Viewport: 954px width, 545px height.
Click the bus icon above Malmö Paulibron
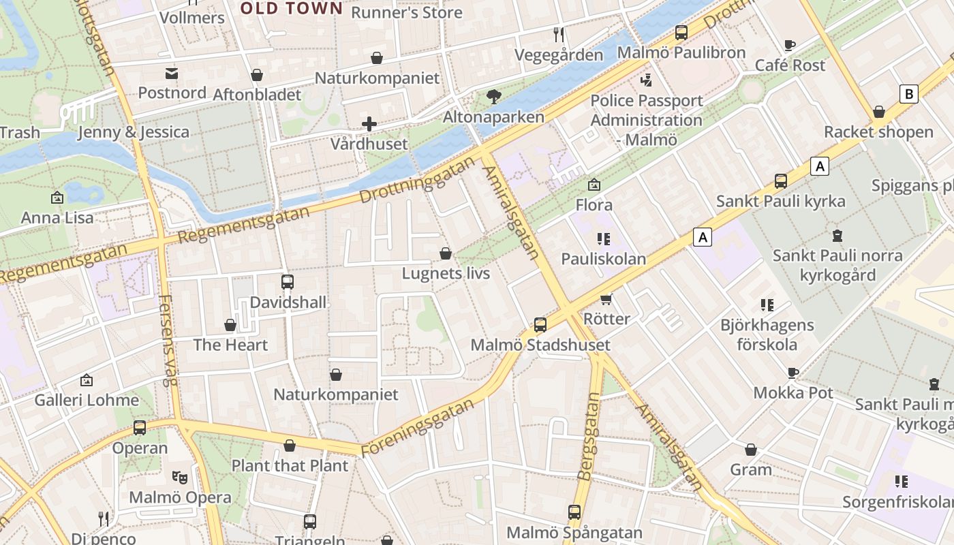[681, 32]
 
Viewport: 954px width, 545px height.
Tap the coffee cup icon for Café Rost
[790, 46]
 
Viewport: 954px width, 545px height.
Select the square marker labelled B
[908, 94]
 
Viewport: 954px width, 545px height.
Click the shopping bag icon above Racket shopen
[879, 112]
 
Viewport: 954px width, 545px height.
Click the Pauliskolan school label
[603, 259]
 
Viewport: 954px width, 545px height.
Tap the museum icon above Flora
[594, 185]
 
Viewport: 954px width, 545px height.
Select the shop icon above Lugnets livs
[446, 253]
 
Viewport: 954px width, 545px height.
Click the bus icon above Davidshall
[288, 281]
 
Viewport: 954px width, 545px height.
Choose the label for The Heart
[230, 345]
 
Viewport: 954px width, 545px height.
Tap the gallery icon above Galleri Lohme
[87, 380]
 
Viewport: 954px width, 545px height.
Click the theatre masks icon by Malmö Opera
[180, 477]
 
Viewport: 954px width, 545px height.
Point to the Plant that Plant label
[290, 466]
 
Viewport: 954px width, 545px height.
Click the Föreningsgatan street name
[417, 428]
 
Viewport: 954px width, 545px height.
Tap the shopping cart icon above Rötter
[606, 299]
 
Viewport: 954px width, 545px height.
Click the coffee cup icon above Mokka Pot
[793, 373]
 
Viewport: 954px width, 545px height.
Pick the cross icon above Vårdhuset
[369, 124]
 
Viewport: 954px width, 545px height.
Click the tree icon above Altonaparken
[494, 97]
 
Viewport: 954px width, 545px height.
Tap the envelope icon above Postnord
[171, 73]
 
